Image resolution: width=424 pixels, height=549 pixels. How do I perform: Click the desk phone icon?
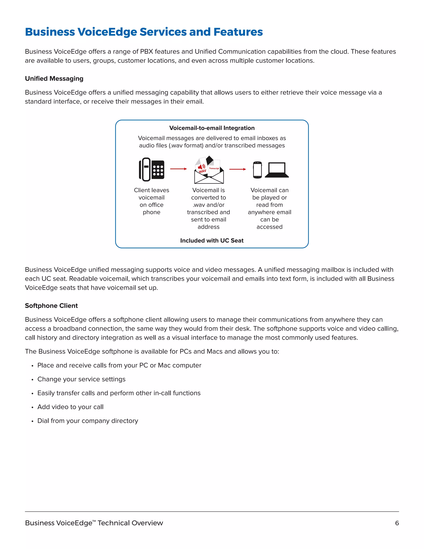point(152,169)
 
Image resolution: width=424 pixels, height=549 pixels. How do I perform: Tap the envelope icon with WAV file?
point(209,170)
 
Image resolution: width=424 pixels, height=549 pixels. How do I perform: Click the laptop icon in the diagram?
point(277,170)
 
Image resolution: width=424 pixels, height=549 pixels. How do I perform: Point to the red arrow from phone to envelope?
point(178,169)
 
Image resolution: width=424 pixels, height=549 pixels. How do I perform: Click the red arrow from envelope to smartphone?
point(237,169)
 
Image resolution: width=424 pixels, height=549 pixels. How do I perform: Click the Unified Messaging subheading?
point(54,79)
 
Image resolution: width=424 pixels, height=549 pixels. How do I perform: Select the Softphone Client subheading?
point(51,306)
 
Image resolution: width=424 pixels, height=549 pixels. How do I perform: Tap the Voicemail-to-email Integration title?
point(212,128)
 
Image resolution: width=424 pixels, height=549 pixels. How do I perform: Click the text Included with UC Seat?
point(212,241)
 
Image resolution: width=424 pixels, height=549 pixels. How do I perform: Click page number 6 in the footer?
point(397,523)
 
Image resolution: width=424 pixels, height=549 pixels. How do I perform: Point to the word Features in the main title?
point(238,32)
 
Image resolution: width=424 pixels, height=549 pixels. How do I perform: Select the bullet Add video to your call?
point(70,407)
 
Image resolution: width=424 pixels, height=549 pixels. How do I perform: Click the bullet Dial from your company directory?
point(88,421)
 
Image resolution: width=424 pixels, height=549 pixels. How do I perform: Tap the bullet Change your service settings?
point(81,379)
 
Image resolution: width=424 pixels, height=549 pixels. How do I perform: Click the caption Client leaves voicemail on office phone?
point(152,201)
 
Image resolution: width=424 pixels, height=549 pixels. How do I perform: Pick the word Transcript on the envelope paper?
point(214,168)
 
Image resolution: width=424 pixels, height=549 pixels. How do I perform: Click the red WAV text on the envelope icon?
point(202,171)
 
